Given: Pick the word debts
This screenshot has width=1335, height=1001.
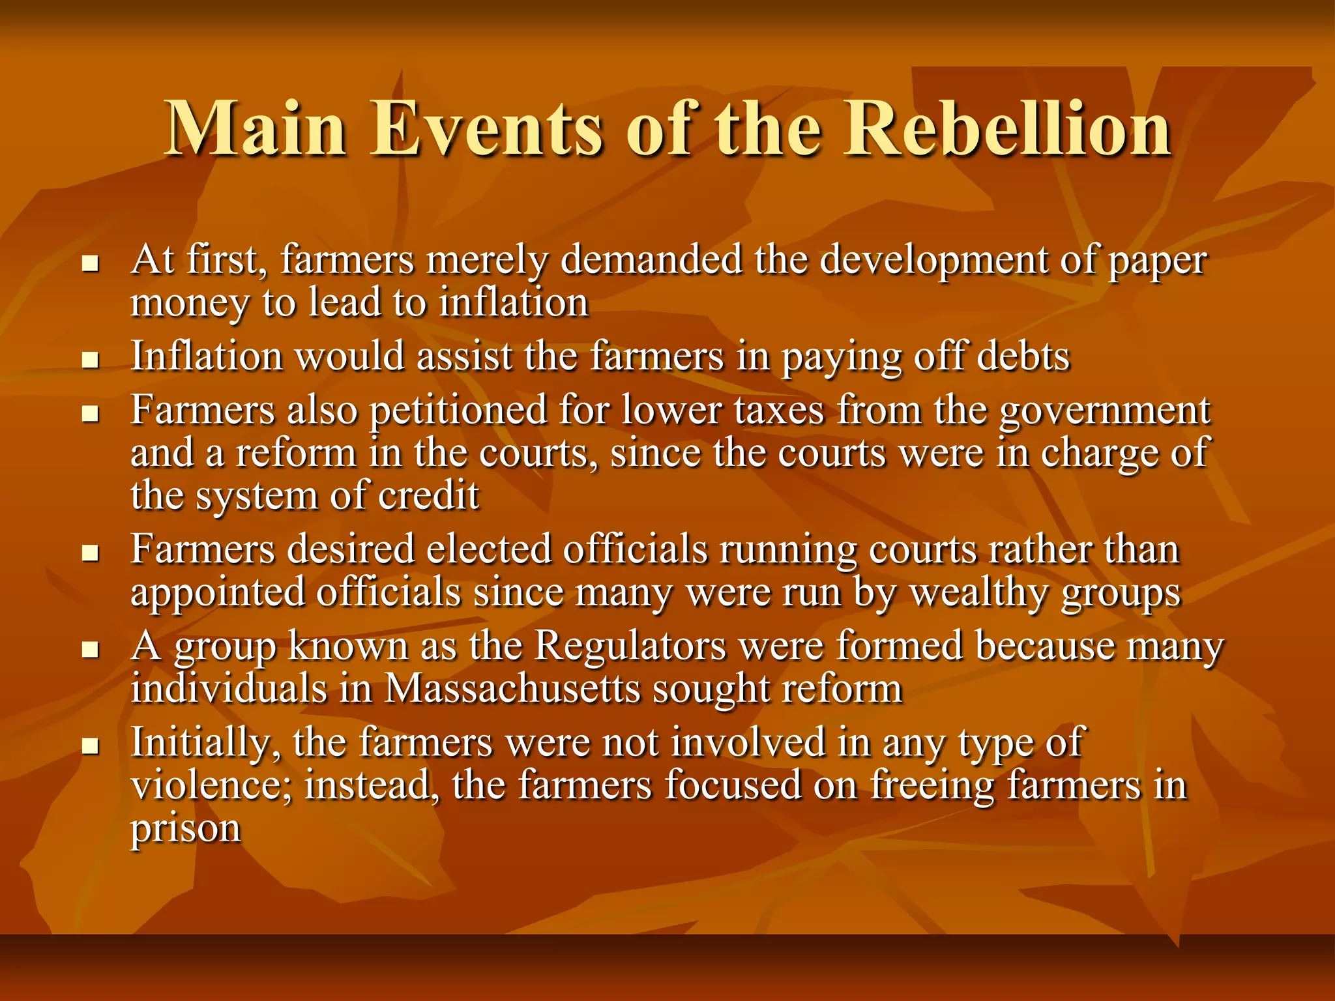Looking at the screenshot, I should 1023,357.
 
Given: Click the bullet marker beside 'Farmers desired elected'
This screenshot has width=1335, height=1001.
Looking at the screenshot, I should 90,553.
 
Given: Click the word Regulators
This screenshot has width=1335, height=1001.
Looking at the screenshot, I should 630,646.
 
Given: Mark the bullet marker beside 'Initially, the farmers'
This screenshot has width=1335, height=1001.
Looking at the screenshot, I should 90,746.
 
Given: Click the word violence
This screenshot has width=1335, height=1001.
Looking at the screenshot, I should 212,785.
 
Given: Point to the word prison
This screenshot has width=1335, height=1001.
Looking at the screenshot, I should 186,829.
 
